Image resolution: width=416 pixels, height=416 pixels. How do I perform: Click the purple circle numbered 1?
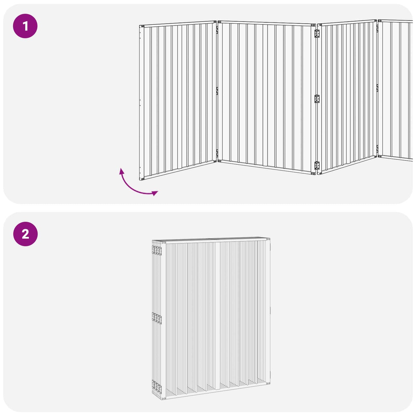(x=25, y=26)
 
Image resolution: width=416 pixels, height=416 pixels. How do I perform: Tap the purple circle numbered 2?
(x=25, y=234)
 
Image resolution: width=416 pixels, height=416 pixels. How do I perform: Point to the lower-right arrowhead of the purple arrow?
(x=155, y=193)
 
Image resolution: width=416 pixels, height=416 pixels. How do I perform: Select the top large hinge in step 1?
(x=317, y=34)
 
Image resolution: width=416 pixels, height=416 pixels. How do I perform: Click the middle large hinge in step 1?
(x=317, y=99)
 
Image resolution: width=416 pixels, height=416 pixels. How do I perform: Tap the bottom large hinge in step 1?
(x=317, y=166)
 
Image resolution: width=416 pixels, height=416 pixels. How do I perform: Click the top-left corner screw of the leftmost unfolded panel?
(x=143, y=26)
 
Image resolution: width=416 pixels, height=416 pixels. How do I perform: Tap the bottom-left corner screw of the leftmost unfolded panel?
(x=142, y=179)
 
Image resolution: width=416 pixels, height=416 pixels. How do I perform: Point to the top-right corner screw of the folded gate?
(x=268, y=240)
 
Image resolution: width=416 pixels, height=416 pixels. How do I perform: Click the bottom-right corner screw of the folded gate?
(x=268, y=383)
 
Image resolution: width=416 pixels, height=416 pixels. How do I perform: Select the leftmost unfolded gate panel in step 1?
(x=178, y=100)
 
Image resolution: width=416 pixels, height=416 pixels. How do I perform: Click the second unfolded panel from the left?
(x=267, y=98)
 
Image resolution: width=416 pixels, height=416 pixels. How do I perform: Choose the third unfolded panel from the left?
(x=347, y=97)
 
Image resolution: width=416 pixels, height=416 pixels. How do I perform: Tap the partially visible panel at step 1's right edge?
(x=395, y=91)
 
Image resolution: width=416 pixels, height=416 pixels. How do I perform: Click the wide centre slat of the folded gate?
(x=217, y=317)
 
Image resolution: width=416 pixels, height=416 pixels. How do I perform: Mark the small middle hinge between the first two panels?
(x=217, y=91)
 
